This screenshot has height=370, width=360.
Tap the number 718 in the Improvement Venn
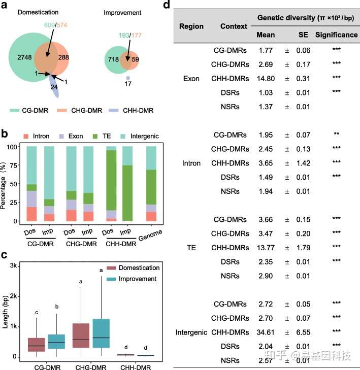(x=111, y=59)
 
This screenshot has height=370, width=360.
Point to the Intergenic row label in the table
(x=191, y=332)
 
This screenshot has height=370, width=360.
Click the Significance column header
(x=336, y=35)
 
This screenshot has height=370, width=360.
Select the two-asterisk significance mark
(x=336, y=135)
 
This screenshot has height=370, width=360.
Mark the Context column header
(x=234, y=26)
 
